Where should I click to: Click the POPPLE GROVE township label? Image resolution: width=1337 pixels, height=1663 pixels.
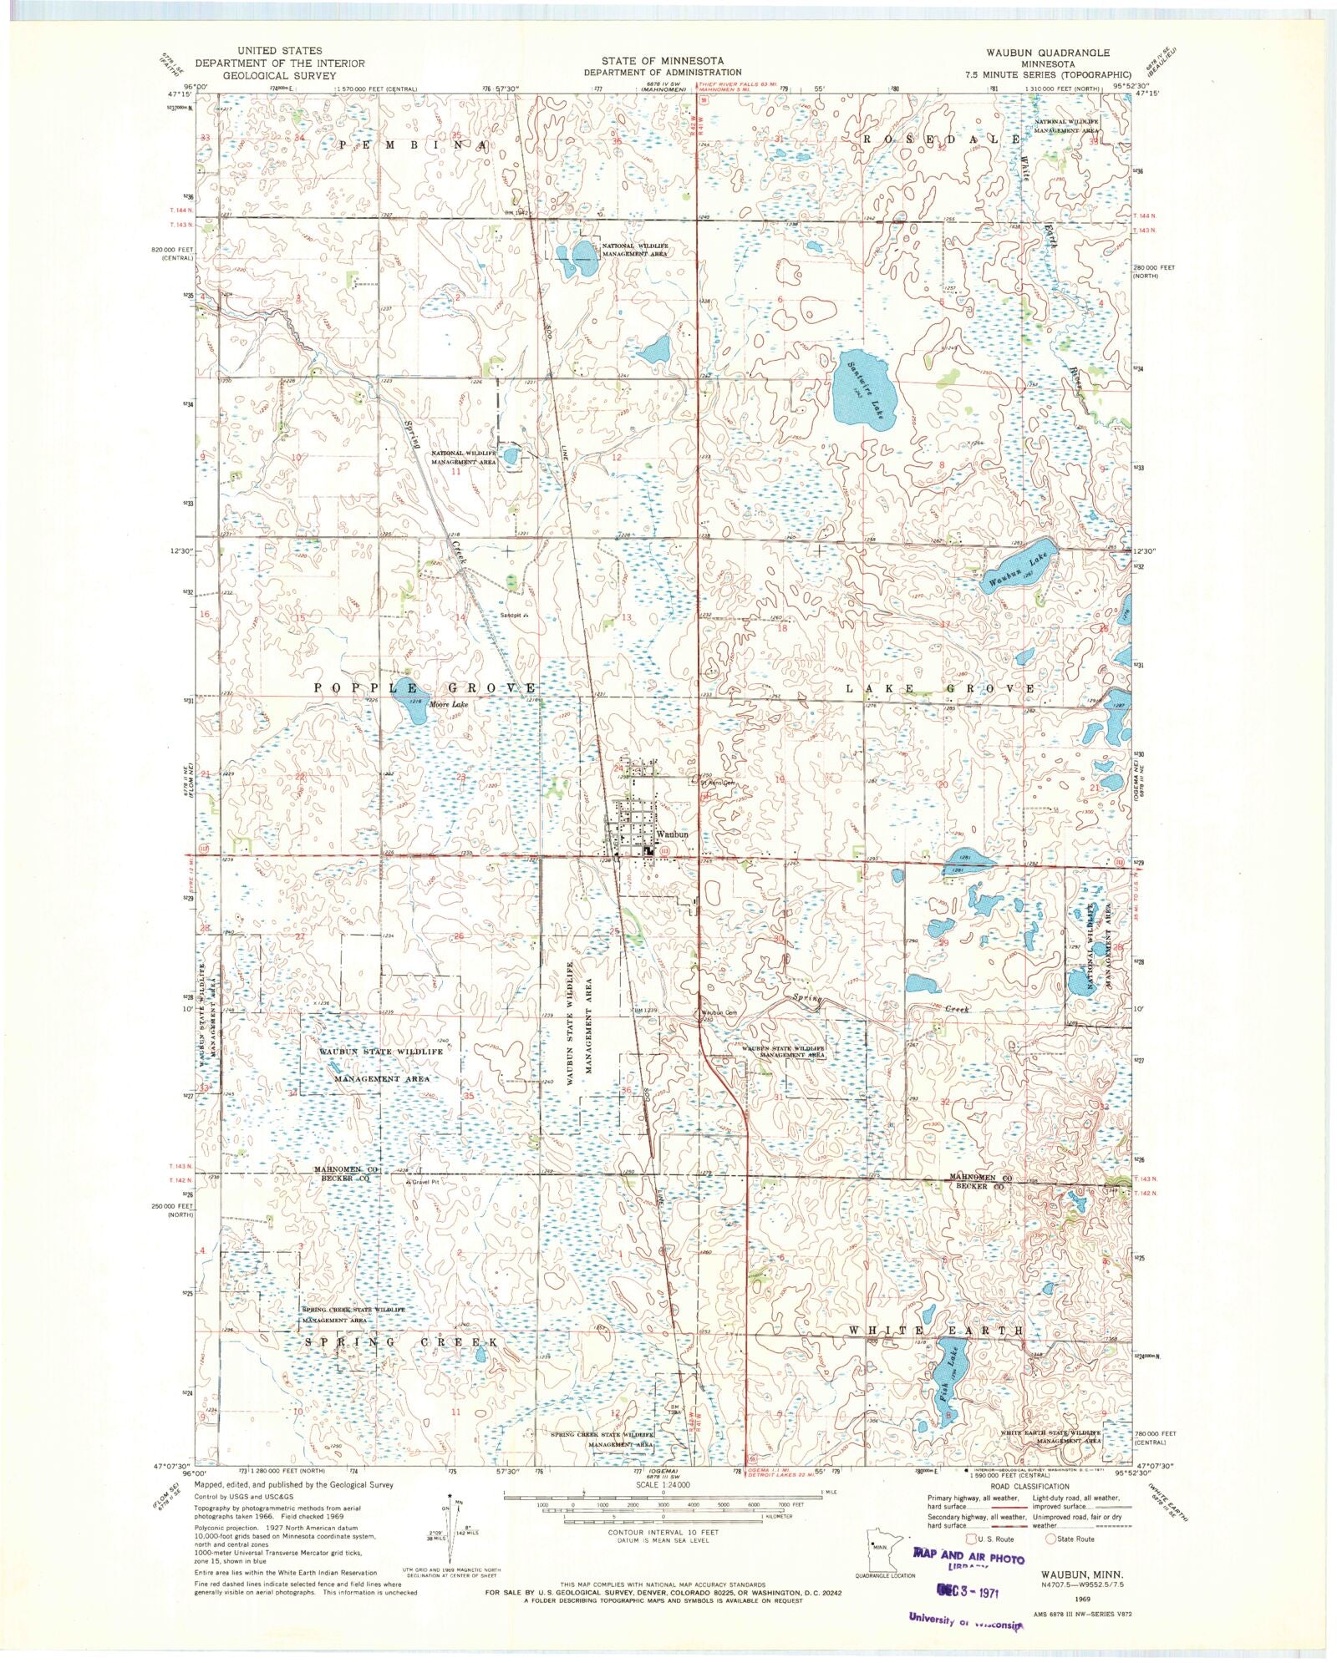point(424,687)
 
